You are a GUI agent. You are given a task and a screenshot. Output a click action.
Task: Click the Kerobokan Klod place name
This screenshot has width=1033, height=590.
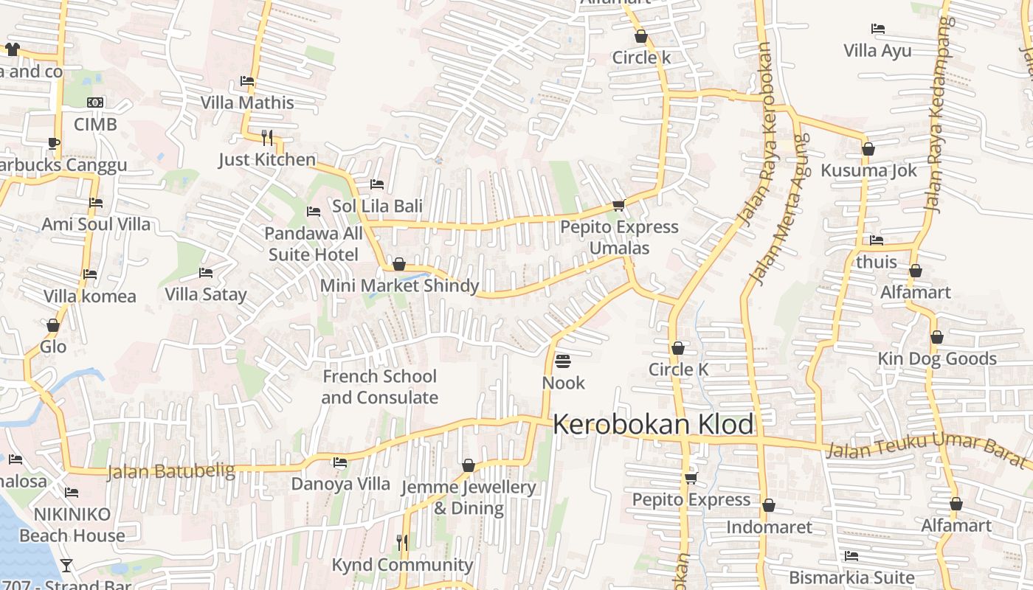(653, 425)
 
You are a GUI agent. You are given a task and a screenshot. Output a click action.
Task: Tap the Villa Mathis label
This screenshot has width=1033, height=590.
(247, 103)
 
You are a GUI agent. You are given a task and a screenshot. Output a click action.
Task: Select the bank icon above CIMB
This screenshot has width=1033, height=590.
(95, 103)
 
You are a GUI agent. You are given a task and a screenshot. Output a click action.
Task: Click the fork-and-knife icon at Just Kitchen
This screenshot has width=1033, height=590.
(267, 137)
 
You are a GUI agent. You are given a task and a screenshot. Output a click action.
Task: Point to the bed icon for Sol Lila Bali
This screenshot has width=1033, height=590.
(377, 184)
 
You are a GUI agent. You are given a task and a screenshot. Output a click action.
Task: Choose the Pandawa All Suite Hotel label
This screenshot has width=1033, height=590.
(314, 244)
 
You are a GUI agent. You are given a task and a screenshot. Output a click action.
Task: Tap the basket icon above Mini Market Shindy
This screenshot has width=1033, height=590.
(399, 263)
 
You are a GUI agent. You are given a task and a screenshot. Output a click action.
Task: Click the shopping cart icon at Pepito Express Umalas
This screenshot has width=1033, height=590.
(618, 205)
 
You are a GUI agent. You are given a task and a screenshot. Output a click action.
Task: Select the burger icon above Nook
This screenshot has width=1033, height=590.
(563, 361)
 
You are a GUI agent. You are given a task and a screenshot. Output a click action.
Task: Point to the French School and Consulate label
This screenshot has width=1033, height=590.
(379, 386)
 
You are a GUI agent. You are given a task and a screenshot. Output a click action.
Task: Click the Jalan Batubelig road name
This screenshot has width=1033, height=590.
(171, 471)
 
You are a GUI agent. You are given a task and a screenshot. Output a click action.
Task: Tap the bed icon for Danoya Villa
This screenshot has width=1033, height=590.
(340, 462)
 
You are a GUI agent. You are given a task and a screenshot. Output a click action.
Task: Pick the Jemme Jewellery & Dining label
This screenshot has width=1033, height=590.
(469, 498)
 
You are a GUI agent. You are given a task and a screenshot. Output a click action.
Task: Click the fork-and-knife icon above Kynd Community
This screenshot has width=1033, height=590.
(402, 542)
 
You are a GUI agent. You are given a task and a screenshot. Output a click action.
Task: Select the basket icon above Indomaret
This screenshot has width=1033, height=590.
(769, 505)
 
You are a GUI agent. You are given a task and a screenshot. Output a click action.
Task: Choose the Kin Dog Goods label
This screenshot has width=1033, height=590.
(937, 359)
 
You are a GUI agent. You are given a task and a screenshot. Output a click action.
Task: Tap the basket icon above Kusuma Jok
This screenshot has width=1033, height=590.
(868, 149)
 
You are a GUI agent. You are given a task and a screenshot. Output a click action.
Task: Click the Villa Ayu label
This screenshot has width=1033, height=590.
(877, 51)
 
